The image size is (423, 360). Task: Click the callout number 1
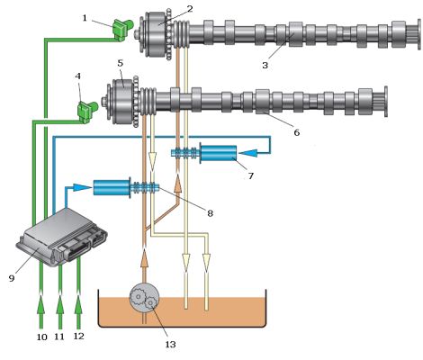coord(85,18)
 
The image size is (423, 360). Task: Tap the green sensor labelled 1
coord(122,29)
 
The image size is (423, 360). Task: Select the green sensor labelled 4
coord(87,112)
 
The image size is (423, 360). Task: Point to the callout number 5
coord(121,63)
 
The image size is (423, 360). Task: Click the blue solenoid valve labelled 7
coord(218,153)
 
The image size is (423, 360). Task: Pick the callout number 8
coord(210,213)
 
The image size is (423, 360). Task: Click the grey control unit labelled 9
coord(62,238)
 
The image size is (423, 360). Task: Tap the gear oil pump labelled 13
coord(144,297)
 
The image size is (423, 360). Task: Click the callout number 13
coord(170,345)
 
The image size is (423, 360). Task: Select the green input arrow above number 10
coord(41,308)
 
